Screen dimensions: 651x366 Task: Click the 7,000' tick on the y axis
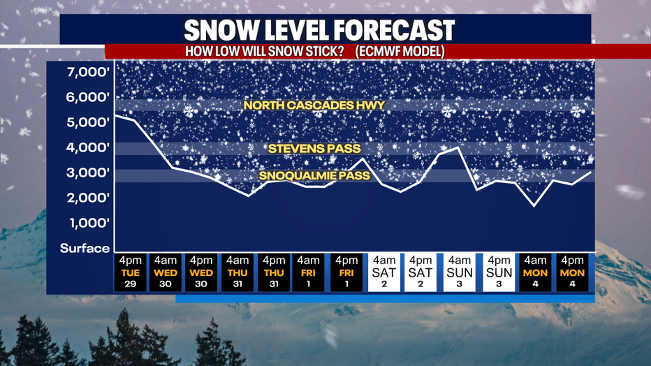tap(88, 72)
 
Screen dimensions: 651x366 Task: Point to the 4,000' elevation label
tap(88, 147)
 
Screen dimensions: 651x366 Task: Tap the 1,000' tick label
tap(89, 223)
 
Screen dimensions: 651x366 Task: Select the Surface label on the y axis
tap(85, 248)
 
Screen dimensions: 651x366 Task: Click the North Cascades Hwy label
tap(314, 105)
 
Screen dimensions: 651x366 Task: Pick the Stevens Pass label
tap(314, 149)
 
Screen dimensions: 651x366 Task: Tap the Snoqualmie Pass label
tap(314, 175)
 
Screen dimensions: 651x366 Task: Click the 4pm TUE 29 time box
tap(131, 272)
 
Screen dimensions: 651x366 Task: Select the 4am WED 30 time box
tap(166, 272)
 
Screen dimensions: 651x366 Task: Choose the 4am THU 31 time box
tap(237, 272)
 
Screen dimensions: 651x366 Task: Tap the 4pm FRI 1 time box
tap(346, 272)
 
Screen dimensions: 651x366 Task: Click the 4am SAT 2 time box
tap(384, 272)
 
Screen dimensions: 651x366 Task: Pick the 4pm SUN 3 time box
tap(499, 272)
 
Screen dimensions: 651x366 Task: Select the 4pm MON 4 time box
tap(573, 272)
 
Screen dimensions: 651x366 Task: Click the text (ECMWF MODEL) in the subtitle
tap(400, 52)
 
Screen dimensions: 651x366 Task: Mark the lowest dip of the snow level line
tap(534, 206)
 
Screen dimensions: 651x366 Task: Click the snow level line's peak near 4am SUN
tap(458, 147)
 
